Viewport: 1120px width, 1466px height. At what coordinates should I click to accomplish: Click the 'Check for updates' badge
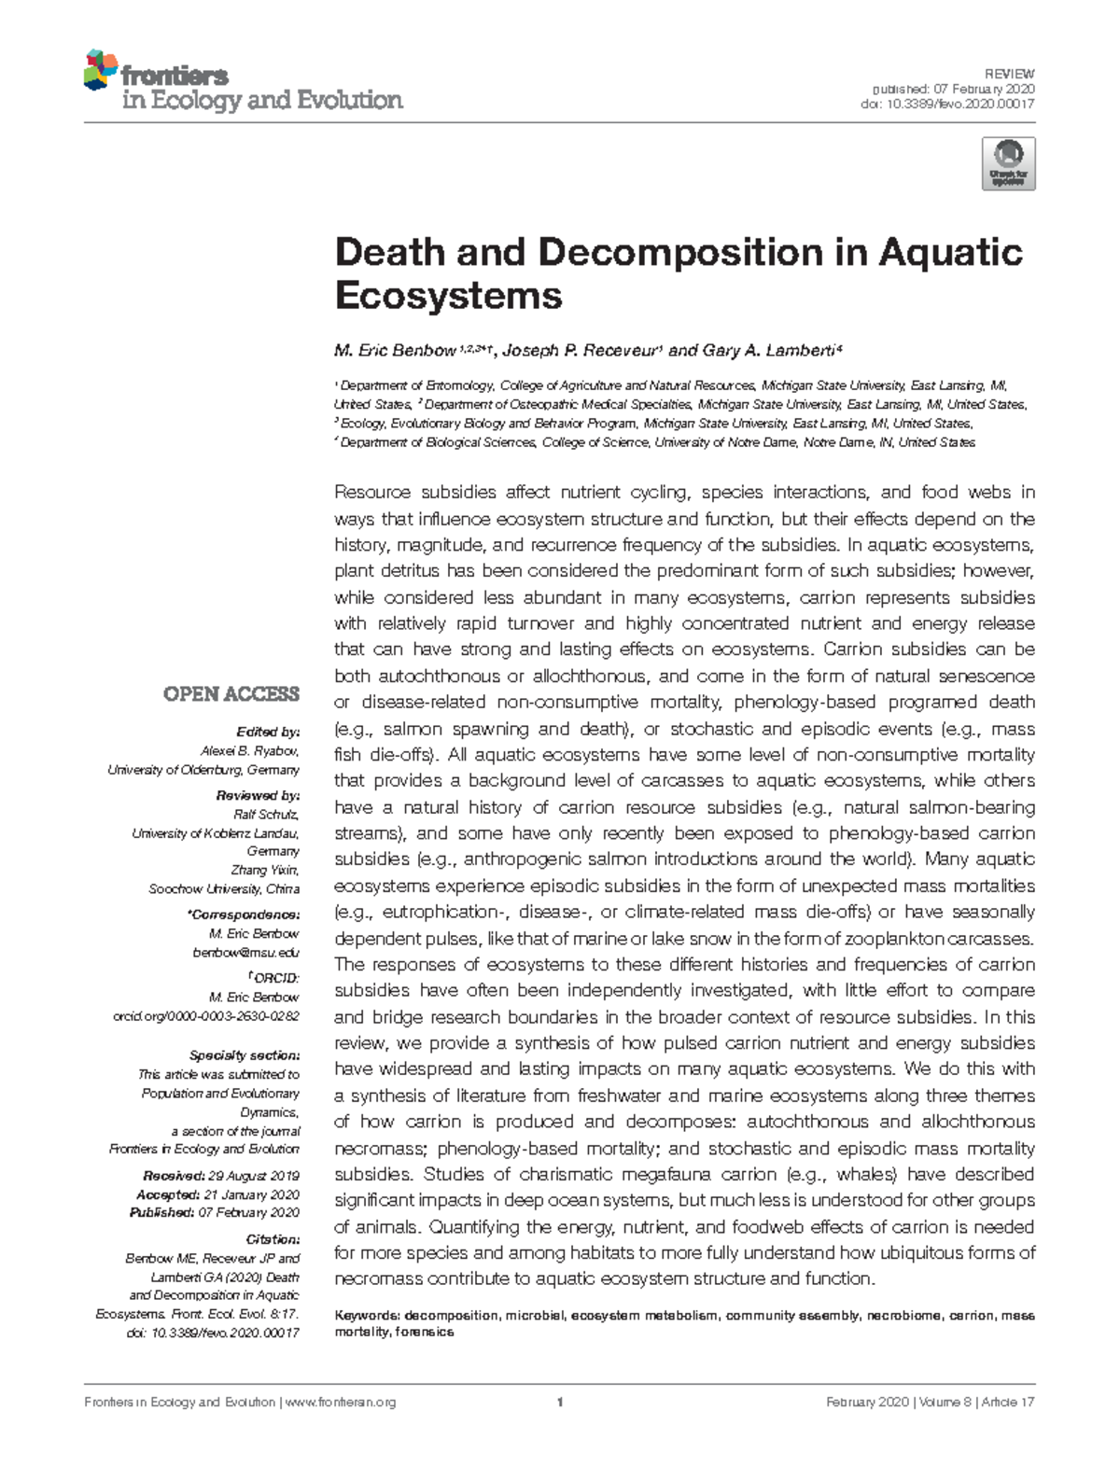[1008, 164]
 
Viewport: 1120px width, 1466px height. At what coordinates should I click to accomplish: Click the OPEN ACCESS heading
[231, 694]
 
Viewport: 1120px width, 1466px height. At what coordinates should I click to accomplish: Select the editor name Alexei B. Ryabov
[250, 751]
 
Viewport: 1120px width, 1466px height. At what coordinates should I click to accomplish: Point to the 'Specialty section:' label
[244, 1055]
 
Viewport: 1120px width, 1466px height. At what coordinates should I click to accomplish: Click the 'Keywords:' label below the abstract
[367, 1316]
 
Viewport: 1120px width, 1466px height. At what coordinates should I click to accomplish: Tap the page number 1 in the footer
[560, 1402]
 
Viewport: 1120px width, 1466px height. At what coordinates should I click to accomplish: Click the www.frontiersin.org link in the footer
[339, 1403]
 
